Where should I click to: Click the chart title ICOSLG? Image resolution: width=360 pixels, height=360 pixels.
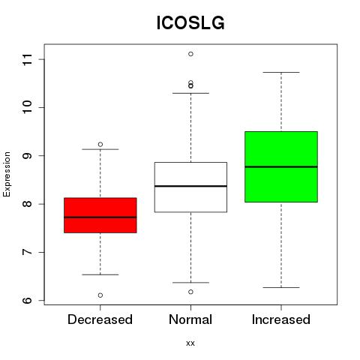click(x=190, y=23)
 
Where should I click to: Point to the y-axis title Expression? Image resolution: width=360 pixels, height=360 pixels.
click(x=7, y=175)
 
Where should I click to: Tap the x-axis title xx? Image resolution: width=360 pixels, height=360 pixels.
click(x=190, y=343)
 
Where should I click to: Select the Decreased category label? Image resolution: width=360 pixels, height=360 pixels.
click(x=100, y=319)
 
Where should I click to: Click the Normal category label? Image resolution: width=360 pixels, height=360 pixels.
click(x=190, y=319)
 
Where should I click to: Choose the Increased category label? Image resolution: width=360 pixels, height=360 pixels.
click(x=281, y=319)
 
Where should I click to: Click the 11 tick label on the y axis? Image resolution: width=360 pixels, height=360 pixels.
click(x=28, y=59)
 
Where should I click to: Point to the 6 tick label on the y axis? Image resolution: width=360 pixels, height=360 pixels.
click(x=28, y=300)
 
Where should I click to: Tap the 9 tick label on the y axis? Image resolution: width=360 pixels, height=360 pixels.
click(x=28, y=156)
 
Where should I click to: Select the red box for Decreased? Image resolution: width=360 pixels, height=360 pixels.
click(x=100, y=215)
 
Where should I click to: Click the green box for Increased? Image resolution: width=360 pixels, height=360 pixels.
click(x=281, y=166)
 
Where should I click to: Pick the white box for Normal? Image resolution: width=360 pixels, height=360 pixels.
click(x=190, y=187)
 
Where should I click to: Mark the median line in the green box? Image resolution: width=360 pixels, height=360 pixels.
click(x=281, y=166)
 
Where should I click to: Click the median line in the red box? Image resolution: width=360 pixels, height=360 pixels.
click(x=100, y=217)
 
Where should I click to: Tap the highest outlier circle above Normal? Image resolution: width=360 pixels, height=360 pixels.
click(x=190, y=54)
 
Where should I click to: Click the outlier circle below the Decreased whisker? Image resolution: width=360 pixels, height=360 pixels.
click(x=100, y=295)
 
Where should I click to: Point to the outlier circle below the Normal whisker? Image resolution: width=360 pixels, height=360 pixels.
click(x=190, y=292)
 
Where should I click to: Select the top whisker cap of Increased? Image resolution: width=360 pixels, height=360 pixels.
click(x=281, y=72)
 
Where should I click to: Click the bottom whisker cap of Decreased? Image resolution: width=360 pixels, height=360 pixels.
click(x=100, y=274)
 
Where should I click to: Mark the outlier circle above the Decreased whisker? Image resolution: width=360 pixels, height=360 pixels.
click(x=100, y=144)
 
